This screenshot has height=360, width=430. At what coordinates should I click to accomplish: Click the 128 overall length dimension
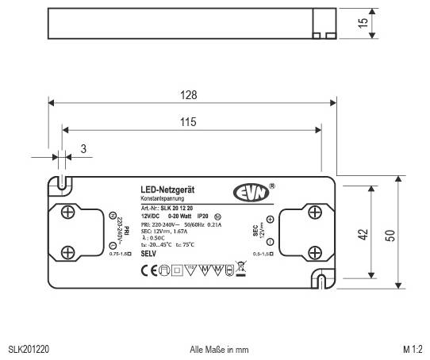189,94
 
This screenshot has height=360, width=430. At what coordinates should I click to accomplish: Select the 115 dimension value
189,122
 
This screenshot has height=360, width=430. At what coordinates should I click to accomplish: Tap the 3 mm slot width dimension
83,148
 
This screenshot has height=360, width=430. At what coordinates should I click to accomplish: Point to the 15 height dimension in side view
363,24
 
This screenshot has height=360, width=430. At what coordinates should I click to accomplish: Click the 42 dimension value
363,234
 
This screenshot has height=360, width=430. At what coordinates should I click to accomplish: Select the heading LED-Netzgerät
163,190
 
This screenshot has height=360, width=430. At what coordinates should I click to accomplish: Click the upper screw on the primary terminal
69,212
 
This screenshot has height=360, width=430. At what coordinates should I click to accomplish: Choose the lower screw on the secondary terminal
314,251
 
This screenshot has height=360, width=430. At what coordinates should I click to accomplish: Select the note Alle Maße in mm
220,348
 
